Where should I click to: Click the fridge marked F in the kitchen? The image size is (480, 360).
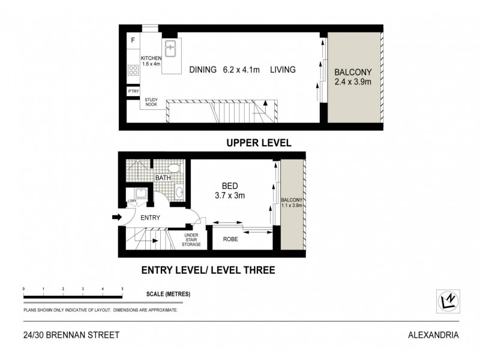(x=133, y=40)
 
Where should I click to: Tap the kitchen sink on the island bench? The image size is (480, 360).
(x=170, y=46)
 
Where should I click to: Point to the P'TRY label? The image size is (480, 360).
(x=133, y=91)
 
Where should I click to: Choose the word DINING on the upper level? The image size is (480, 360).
(x=203, y=70)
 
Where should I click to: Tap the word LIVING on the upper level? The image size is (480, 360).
(x=282, y=70)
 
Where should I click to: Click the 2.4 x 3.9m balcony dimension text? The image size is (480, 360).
(x=353, y=80)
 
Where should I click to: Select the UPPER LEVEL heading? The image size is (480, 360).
(x=259, y=143)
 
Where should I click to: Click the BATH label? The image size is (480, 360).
(x=163, y=178)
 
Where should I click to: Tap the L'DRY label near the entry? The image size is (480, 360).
(x=130, y=201)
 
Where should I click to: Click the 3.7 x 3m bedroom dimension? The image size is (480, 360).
(x=230, y=195)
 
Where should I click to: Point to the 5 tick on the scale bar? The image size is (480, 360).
(x=122, y=289)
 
